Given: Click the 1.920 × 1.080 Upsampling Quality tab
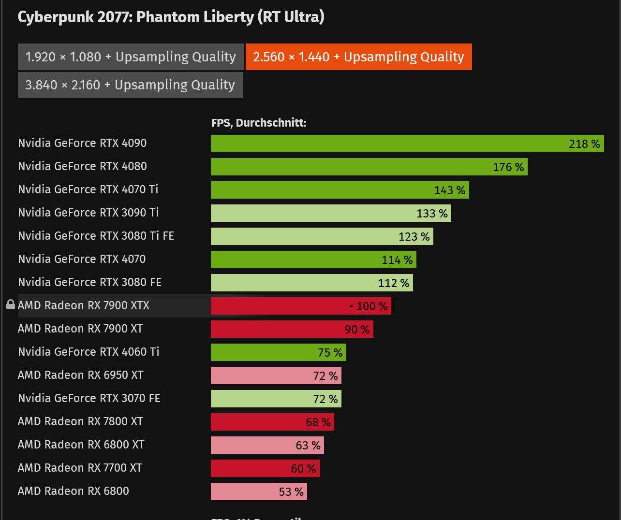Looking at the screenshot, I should click(x=130, y=57).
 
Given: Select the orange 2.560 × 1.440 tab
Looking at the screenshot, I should click(x=358, y=57).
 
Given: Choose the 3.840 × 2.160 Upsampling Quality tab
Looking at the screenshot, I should click(x=130, y=85).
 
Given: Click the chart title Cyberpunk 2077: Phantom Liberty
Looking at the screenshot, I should click(x=171, y=17).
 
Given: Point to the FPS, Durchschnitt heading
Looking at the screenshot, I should click(x=259, y=123).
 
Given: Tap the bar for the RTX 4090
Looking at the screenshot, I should click(x=387, y=144).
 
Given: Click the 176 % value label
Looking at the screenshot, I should click(x=508, y=167).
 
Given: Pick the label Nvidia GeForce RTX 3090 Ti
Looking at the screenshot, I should click(x=89, y=213).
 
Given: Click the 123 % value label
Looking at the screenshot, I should click(x=414, y=237).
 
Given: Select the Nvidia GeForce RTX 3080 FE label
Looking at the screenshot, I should click(x=89, y=282).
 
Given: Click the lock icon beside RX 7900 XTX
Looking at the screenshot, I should click(x=11, y=304).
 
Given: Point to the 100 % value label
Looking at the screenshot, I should click(x=371, y=306).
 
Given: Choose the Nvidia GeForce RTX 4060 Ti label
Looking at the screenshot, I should click(x=89, y=352).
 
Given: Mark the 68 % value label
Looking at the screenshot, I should click(x=318, y=422).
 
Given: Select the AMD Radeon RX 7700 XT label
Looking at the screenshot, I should click(x=80, y=468).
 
